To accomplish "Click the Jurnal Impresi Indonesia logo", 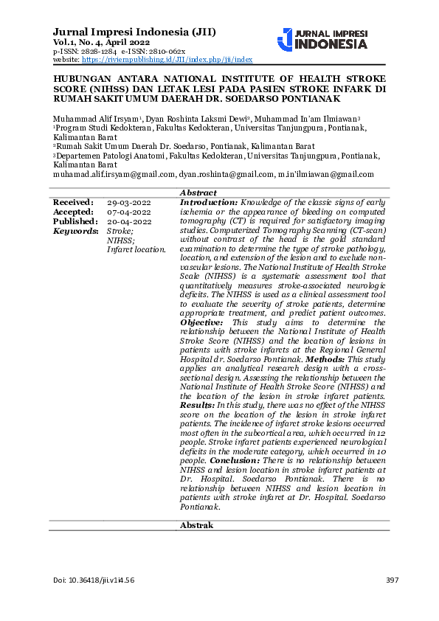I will [x=322, y=39].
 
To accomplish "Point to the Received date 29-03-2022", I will [x=129, y=202].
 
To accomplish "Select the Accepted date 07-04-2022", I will [x=129, y=212].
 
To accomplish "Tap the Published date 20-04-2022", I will [x=129, y=221].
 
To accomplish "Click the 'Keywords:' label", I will [x=76, y=231].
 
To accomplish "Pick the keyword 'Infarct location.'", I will [x=136, y=250].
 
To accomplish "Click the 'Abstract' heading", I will [x=198, y=192].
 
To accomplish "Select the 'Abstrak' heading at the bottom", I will [x=197, y=525].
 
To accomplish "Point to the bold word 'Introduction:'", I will [x=209, y=202].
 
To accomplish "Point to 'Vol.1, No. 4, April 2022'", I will [x=102, y=43].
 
